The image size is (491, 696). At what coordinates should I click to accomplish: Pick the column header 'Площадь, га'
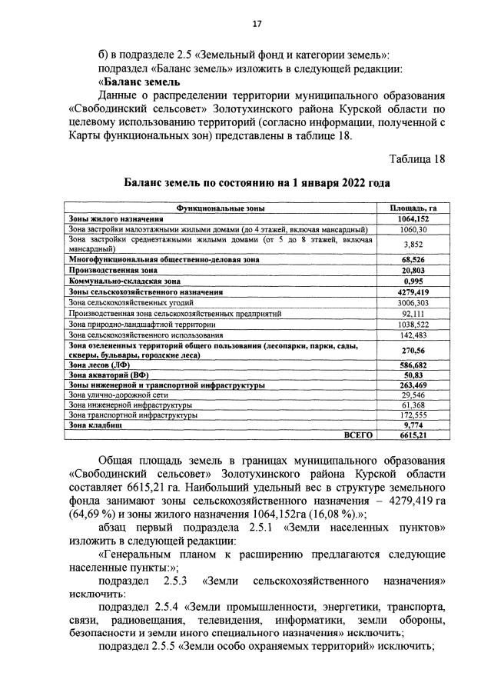coord(413,208)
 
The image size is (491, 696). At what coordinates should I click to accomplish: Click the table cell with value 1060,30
coord(413,229)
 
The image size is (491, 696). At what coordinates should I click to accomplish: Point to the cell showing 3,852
coord(413,244)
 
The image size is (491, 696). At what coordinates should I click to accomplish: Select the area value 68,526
coord(413,260)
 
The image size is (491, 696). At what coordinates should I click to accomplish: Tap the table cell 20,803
coord(413,271)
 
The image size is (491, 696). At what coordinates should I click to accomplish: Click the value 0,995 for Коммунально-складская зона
coord(413,281)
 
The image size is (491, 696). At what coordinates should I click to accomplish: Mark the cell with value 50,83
coord(413,374)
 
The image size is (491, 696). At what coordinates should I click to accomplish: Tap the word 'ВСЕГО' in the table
coord(357,435)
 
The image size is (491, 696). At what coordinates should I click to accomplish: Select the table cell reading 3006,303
coord(413,303)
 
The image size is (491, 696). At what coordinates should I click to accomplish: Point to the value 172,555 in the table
coord(413,414)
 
